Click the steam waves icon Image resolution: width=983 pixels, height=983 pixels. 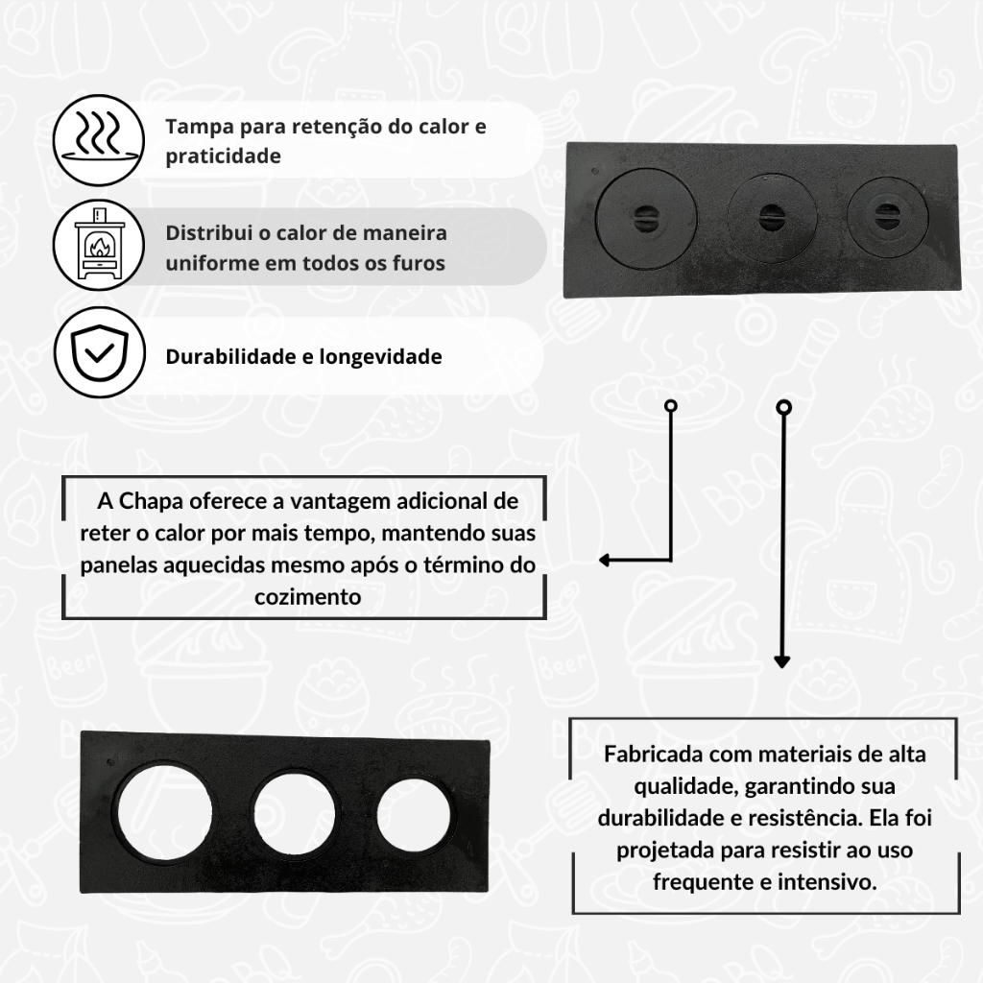pyautogui.click(x=99, y=140)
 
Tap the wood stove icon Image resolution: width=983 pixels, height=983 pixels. pyautogui.click(x=99, y=245)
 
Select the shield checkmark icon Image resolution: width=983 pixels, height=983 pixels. pyautogui.click(x=99, y=352)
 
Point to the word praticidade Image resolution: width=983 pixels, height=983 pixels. pyautogui.click(x=223, y=156)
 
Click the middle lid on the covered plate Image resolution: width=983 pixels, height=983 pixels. pyautogui.click(x=772, y=217)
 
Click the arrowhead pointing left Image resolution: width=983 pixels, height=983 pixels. pyautogui.click(x=605, y=560)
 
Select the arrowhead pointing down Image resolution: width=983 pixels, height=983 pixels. pyautogui.click(x=781, y=662)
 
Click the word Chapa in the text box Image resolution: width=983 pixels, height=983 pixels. pyautogui.click(x=151, y=502)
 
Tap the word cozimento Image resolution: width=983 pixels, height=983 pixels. pyautogui.click(x=308, y=597)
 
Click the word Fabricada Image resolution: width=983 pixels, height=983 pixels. pyautogui.click(x=653, y=755)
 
